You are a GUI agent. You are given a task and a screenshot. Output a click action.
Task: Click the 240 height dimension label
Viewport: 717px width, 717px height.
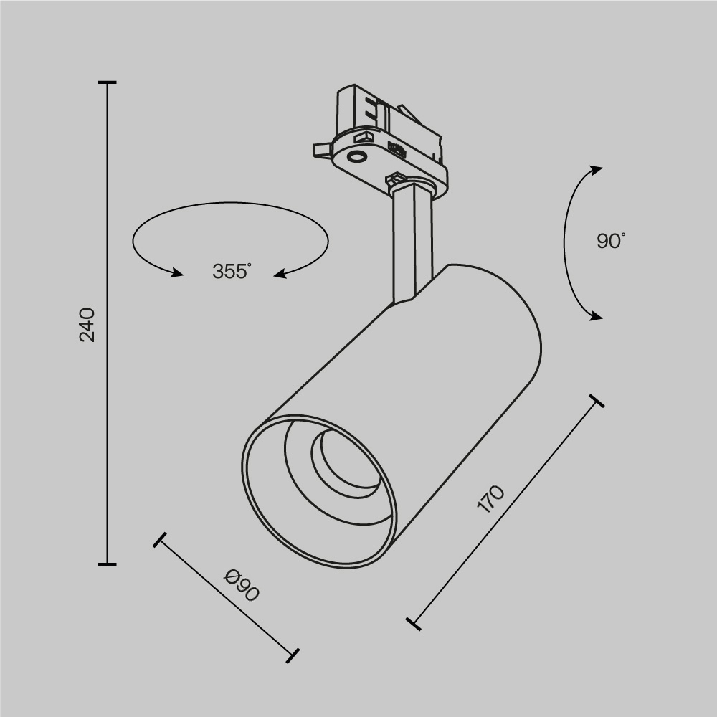click(87, 324)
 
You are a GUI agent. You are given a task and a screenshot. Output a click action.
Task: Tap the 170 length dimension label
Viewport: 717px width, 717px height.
click(491, 499)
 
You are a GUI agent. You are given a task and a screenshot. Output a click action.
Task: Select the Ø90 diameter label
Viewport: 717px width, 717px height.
click(241, 584)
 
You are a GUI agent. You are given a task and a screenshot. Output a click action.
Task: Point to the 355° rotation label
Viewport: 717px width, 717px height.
click(232, 272)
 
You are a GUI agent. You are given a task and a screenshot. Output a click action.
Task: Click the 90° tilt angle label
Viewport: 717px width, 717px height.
click(611, 241)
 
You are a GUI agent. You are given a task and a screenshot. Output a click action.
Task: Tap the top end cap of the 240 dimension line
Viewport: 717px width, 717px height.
click(107, 83)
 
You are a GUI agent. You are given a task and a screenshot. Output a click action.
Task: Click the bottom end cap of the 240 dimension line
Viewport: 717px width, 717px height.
click(107, 564)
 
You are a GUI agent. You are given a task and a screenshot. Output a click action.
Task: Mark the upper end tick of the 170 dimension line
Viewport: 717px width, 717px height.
click(595, 400)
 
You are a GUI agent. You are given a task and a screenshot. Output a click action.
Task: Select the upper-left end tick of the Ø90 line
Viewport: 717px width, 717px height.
click(160, 540)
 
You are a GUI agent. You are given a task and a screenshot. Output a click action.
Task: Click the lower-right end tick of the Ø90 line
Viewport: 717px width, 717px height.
click(292, 654)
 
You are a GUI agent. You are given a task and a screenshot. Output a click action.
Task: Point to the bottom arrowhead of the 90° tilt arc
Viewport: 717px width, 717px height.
click(596, 316)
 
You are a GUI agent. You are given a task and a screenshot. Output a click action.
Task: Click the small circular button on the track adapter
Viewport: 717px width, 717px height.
click(356, 156)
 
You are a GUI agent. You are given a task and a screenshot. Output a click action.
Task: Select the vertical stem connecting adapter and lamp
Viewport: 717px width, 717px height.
click(412, 244)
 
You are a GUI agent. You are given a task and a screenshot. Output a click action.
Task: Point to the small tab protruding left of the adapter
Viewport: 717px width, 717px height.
click(320, 148)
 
